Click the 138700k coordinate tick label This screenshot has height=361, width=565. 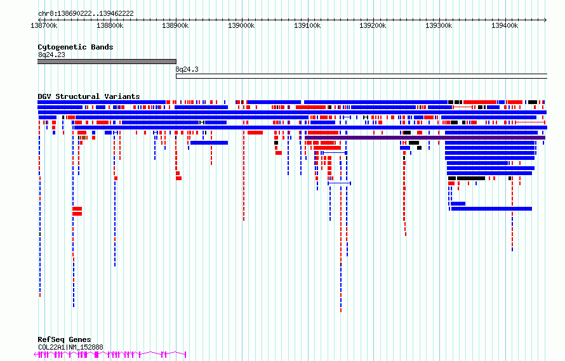pos(44,25)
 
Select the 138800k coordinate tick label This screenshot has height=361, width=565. pos(110,25)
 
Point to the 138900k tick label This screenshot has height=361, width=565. pos(175,25)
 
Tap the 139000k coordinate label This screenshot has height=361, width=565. pos(241,25)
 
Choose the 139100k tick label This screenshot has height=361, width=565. pos(307,25)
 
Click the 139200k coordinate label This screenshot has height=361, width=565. pos(373,25)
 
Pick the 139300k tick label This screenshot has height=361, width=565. pos(439,25)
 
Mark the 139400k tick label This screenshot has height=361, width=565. pos(505,25)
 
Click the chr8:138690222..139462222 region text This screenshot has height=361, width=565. pos(86,14)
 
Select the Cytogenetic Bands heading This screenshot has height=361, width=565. pos(76,47)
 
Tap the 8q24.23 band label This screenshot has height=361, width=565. pos(51,55)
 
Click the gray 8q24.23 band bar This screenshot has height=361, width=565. pos(107,62)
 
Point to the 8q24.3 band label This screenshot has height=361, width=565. pos(187,69)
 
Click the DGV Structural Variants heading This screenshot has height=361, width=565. pos(89,96)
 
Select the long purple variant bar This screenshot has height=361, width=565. pos(425,138)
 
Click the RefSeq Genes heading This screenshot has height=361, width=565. pos(64,339)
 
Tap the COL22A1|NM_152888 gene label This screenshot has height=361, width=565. pos(70,347)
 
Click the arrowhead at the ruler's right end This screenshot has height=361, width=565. pos(545,20)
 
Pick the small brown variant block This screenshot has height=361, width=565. pos(84,138)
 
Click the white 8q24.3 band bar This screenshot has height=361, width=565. pos(361,76)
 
